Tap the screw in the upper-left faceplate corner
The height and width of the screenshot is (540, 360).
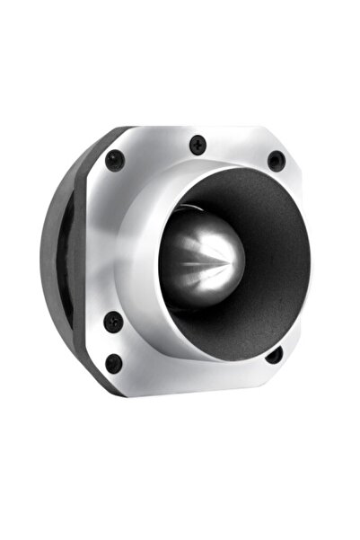(x=114, y=161)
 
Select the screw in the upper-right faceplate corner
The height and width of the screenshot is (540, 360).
(x=276, y=161)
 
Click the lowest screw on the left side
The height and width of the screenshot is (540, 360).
(x=114, y=363)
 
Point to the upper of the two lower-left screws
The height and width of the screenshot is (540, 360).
(x=111, y=322)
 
